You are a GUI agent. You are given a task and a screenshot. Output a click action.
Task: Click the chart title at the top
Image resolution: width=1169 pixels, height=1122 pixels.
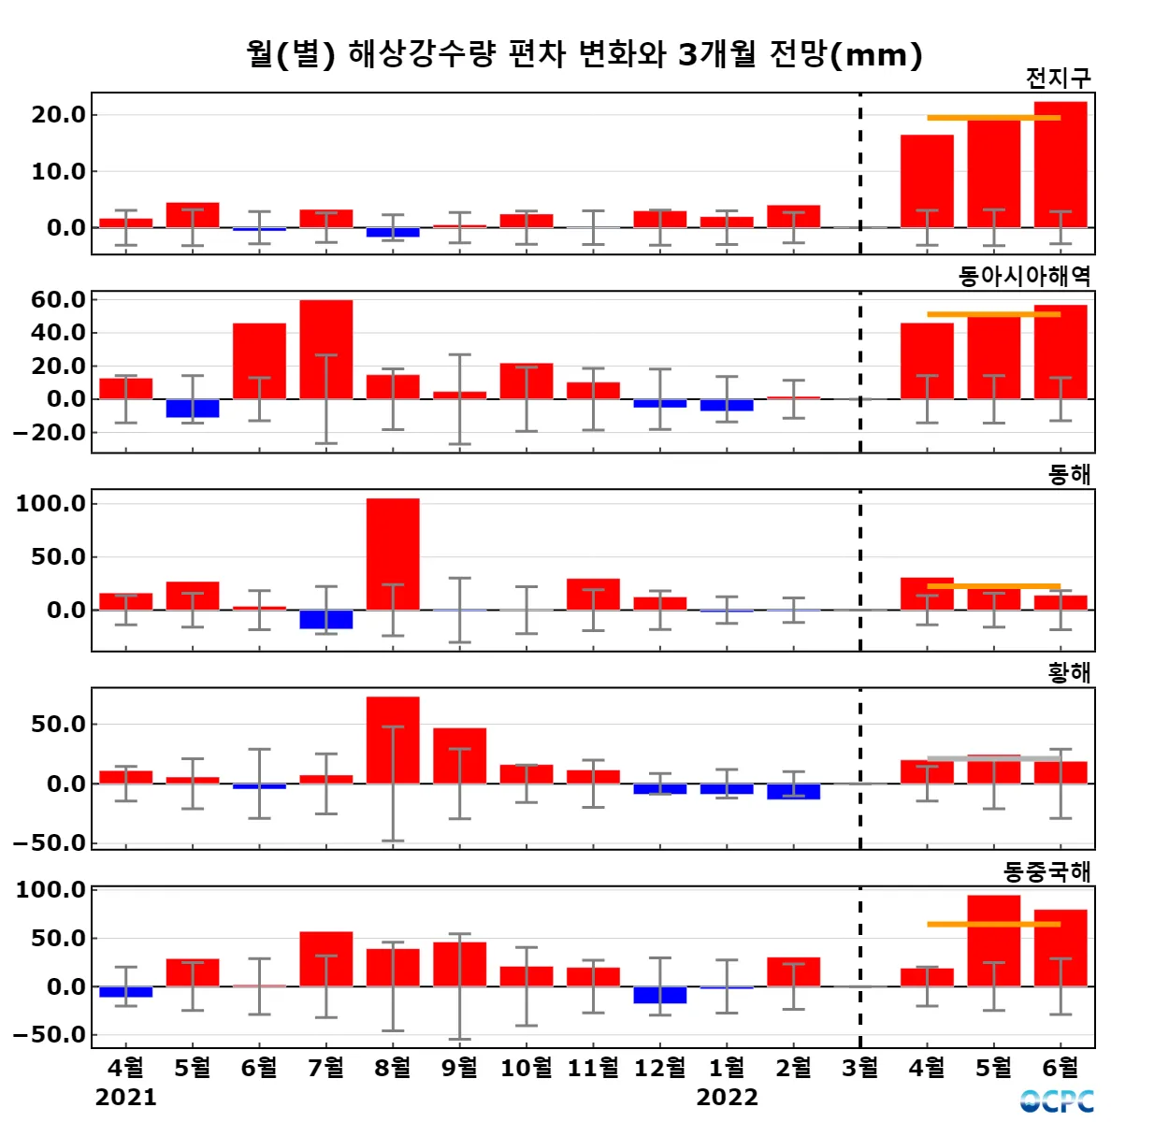pyautogui.click(x=584, y=54)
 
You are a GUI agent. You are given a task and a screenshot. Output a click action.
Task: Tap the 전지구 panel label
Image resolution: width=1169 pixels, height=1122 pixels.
pyautogui.click(x=1058, y=79)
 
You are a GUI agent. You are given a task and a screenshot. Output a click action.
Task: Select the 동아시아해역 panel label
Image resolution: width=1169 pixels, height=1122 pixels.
pyautogui.click(x=1024, y=277)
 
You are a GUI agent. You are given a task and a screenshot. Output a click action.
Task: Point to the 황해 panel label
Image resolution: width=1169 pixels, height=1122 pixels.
pyautogui.click(x=1069, y=673)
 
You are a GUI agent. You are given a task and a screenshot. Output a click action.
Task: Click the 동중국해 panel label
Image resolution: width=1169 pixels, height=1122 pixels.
pyautogui.click(x=1046, y=872)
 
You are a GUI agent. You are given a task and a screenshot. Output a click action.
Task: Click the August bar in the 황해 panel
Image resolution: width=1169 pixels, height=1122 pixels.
pyautogui.click(x=393, y=740)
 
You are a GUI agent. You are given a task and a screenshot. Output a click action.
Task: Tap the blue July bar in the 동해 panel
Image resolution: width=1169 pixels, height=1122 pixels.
pyautogui.click(x=326, y=619)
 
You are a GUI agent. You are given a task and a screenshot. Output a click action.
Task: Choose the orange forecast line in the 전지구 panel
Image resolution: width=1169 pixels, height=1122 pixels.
pyautogui.click(x=993, y=118)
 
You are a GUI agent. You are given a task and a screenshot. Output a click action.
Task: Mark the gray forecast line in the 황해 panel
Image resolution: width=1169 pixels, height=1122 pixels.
pyautogui.click(x=993, y=758)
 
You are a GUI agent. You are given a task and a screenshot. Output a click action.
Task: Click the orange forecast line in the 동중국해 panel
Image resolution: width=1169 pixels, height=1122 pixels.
pyautogui.click(x=993, y=924)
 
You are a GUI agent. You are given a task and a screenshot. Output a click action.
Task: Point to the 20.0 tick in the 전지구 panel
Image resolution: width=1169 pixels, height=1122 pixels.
pyautogui.click(x=58, y=115)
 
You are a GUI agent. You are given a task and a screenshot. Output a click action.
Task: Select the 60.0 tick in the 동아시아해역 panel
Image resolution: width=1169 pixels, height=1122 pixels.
pyautogui.click(x=58, y=300)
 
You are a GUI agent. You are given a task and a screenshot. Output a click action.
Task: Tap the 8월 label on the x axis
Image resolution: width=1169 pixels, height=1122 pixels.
pyautogui.click(x=393, y=1067)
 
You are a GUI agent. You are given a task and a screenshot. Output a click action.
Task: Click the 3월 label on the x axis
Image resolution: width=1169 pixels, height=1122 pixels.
pyautogui.click(x=860, y=1067)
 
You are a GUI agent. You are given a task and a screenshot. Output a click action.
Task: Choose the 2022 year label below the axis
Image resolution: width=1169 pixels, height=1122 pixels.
pyautogui.click(x=727, y=1097)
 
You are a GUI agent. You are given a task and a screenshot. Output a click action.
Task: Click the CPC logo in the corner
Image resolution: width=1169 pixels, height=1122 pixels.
pyautogui.click(x=1057, y=1101)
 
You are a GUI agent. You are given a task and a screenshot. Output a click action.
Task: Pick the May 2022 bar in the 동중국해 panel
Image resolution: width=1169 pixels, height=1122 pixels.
pyautogui.click(x=993, y=941)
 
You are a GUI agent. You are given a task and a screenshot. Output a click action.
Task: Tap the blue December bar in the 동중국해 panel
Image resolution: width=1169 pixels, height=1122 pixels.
pyautogui.click(x=660, y=995)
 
